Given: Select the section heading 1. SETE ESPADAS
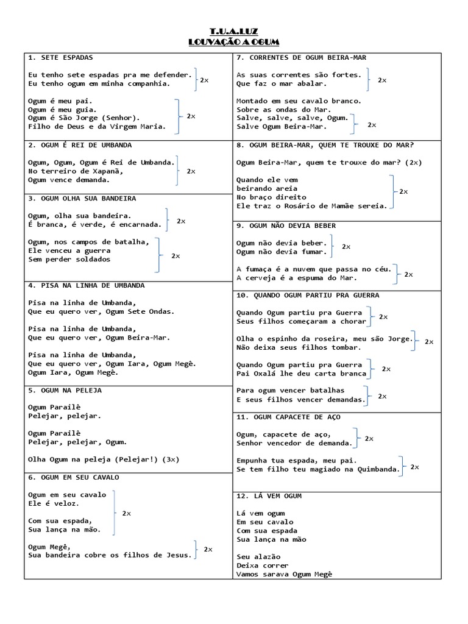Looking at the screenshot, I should [60, 57].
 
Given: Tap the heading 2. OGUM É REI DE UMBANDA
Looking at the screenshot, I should [80, 145].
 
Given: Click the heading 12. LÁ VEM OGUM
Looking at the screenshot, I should [269, 496].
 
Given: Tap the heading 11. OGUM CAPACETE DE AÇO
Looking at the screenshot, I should [288, 417].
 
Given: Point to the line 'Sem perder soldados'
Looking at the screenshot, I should [69, 259].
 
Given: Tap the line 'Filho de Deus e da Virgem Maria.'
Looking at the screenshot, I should [97, 127].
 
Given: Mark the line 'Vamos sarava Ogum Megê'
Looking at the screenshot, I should [285, 574].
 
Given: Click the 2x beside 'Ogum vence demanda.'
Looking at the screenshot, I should [191, 171].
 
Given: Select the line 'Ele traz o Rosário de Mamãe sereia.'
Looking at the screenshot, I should [312, 206].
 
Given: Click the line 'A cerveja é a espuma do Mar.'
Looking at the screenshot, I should [297, 278].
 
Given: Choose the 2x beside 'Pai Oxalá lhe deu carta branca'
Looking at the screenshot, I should [386, 369].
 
